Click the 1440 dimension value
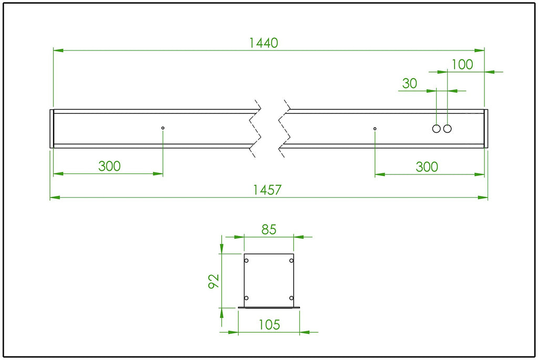point(263,43)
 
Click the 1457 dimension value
point(267,190)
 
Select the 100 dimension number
point(462,65)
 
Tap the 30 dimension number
point(410,84)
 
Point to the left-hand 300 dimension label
point(109,166)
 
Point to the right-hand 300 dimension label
point(427,167)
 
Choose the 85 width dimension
point(268,230)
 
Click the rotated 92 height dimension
point(214,281)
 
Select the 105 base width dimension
point(270,325)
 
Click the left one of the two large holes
point(437,129)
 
